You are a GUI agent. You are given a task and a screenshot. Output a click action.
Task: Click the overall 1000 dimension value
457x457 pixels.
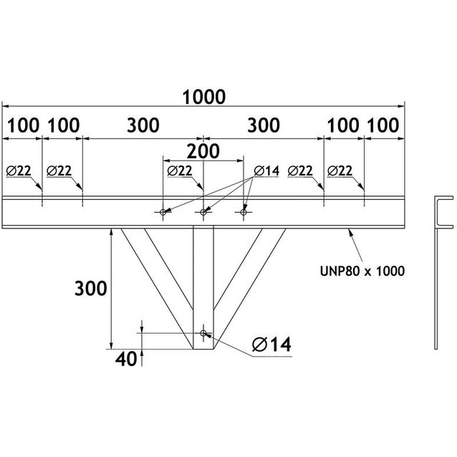click(x=204, y=96)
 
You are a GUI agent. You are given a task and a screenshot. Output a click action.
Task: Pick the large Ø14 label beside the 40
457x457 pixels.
click(x=271, y=345)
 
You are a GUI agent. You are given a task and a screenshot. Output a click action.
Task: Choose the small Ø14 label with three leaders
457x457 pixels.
click(x=266, y=170)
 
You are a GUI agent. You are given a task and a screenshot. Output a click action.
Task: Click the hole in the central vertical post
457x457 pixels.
click(x=204, y=333)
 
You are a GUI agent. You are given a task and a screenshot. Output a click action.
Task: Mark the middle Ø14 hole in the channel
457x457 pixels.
click(x=204, y=212)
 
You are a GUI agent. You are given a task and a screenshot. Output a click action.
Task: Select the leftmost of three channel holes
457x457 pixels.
click(x=164, y=212)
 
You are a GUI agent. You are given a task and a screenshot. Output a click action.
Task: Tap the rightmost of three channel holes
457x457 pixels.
click(x=244, y=212)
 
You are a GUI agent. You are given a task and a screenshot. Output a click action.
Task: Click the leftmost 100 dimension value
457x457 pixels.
click(x=24, y=125)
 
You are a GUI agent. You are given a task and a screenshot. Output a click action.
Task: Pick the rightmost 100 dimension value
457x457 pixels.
click(x=383, y=125)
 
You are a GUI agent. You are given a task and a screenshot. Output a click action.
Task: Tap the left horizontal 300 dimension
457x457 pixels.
click(x=144, y=125)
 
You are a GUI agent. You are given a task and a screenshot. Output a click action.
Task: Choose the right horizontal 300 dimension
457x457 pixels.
click(x=264, y=125)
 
